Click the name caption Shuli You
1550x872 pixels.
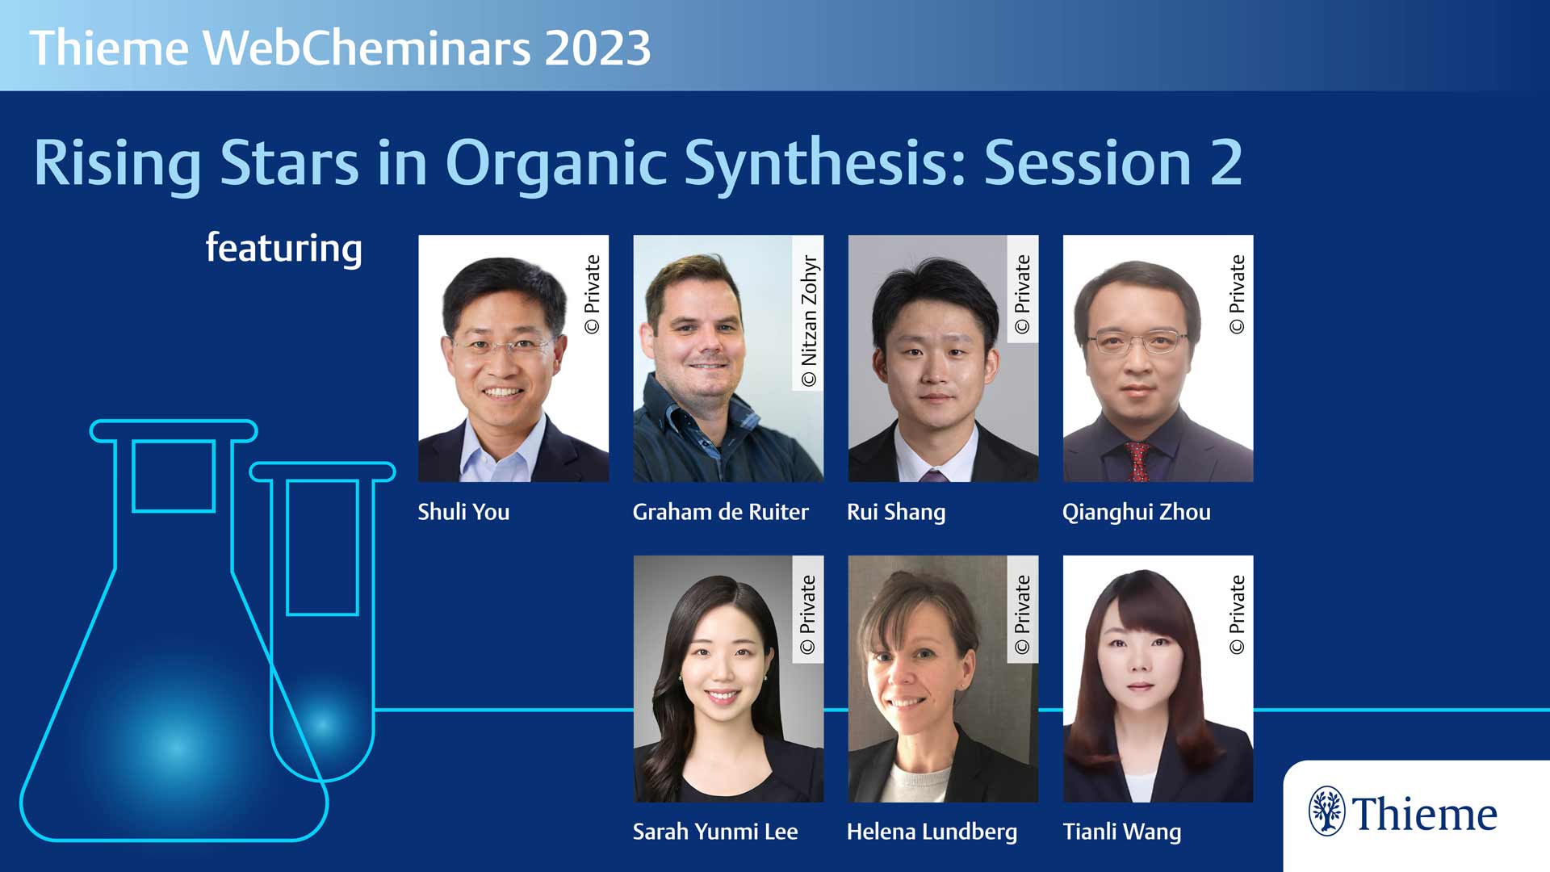click(463, 512)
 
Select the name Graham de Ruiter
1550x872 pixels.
click(720, 512)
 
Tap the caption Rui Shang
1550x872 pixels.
click(896, 513)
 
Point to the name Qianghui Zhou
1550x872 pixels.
click(1136, 513)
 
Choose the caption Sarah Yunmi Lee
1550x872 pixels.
click(714, 832)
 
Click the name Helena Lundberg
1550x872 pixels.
click(932, 832)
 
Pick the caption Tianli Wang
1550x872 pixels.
click(1121, 832)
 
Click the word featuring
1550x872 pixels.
click(283, 249)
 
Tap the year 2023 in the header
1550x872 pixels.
click(597, 48)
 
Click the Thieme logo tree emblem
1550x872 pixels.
click(1326, 811)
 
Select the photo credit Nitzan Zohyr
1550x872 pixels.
click(809, 321)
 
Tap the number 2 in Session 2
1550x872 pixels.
click(1225, 163)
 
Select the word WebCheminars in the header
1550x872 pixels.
click(367, 48)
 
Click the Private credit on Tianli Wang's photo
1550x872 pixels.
click(1237, 614)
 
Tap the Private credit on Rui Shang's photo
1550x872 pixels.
click(1022, 294)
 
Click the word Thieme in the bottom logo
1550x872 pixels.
click(1425, 814)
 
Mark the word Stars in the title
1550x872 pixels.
click(289, 163)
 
